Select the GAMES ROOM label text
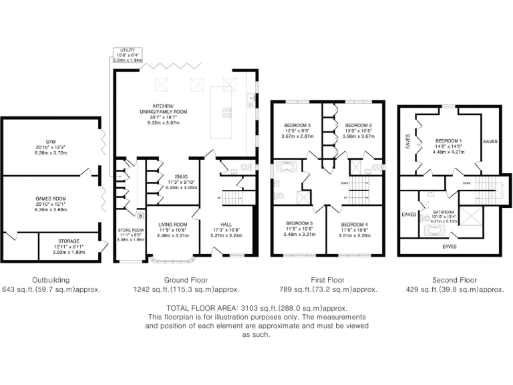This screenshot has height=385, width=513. (48, 199)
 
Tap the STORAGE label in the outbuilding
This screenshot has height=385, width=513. (68, 241)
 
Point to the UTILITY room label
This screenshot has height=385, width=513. (125, 51)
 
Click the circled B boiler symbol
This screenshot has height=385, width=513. (140, 216)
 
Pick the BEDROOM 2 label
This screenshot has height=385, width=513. (357, 125)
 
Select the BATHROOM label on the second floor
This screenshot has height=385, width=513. (444, 211)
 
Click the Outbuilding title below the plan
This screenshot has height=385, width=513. (50, 280)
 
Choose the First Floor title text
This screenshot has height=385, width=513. (328, 280)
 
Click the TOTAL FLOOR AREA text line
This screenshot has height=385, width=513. (256, 307)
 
